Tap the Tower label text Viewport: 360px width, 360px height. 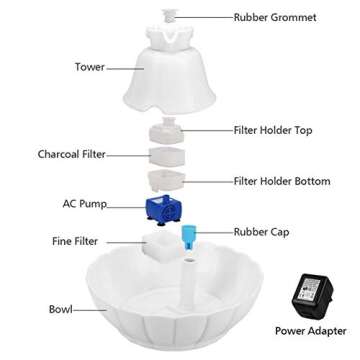[x=90, y=67]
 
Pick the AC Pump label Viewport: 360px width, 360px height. [x=84, y=203]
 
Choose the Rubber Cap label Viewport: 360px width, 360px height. [x=261, y=232]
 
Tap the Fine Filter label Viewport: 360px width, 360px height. [x=75, y=241]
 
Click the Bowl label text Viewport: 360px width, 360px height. [x=61, y=310]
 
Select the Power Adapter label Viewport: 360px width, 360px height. [x=310, y=330]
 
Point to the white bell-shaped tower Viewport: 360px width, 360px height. [x=171, y=75]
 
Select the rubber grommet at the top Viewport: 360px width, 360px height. [x=171, y=17]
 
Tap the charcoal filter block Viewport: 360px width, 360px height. [x=165, y=155]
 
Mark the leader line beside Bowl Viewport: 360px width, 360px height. [x=90, y=310]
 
